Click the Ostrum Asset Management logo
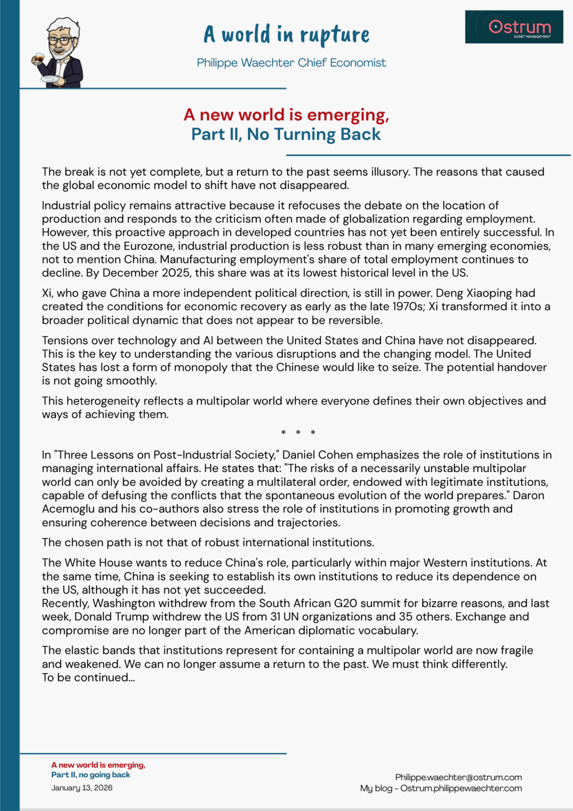[x=514, y=27]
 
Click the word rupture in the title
[x=334, y=35]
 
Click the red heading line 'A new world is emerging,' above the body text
[x=286, y=115]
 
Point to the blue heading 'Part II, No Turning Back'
[x=286, y=134]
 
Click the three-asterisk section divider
[x=298, y=433]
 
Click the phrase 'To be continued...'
[x=88, y=678]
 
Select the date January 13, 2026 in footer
[x=82, y=788]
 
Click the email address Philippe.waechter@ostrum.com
[x=458, y=777]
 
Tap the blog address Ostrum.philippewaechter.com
[x=461, y=788]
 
